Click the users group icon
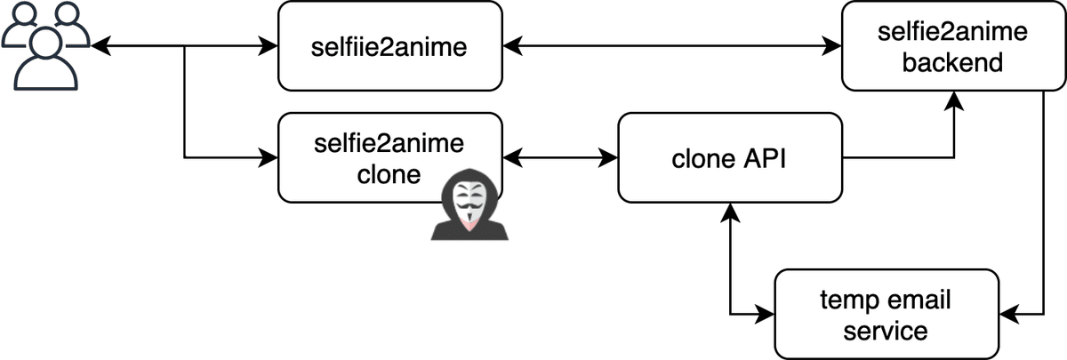(44, 44)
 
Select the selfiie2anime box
(389, 45)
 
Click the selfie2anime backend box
(940, 46)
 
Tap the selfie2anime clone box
(389, 157)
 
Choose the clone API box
(729, 158)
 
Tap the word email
(917, 300)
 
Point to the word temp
(850, 300)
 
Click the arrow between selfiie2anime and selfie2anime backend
(671, 45)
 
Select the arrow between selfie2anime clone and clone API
(560, 158)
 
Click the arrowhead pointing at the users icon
(100, 45)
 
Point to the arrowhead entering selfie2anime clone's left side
(269, 158)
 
